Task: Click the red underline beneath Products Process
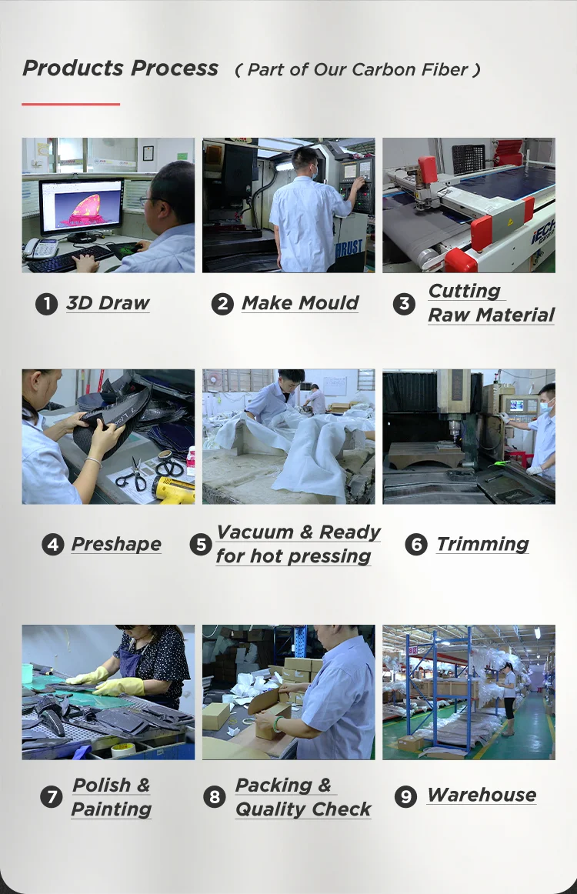pos(71,105)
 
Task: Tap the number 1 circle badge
pos(46,304)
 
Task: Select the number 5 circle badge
pos(201,545)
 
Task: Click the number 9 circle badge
pos(405,796)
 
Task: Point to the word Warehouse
pos(482,795)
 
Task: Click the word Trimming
pos(483,545)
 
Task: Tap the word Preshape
pos(116,545)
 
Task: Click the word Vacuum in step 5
pos(256,532)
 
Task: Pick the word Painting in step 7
pos(112,809)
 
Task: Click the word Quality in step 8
pos(270,809)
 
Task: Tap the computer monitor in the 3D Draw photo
pos(81,206)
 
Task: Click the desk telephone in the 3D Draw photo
pos(41,249)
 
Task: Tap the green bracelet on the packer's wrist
pos(278,724)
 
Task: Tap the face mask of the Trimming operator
pos(545,406)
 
